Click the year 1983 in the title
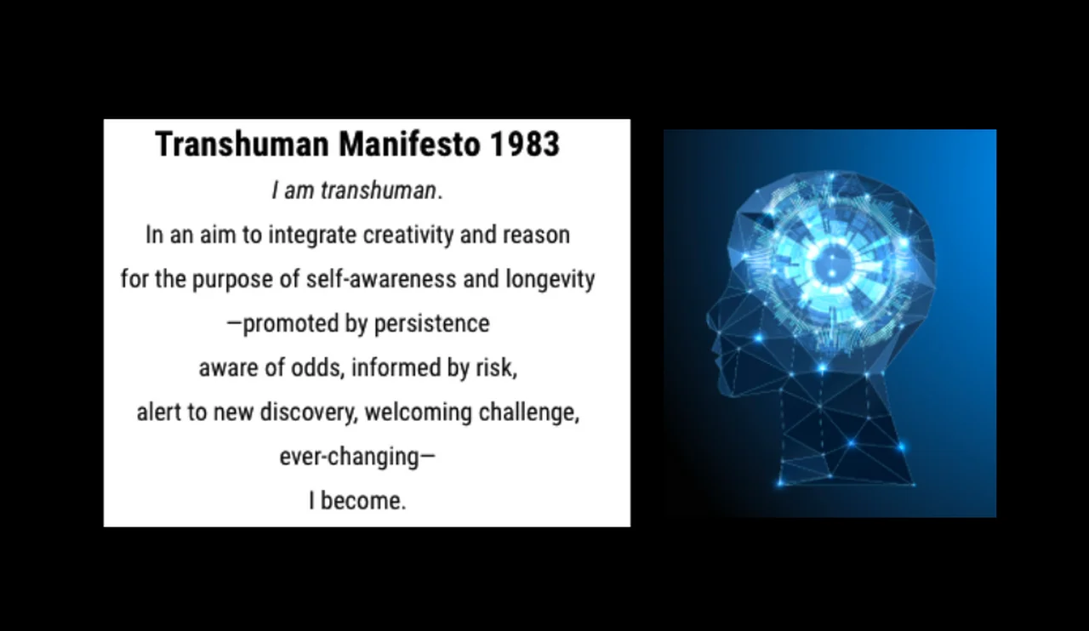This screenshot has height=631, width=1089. pos(525,145)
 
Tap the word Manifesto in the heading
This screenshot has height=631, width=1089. pos(409,145)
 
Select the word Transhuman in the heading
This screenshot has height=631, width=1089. pos(242,145)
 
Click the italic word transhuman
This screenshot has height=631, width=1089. pos(379,190)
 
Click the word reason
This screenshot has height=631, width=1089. pos(536,236)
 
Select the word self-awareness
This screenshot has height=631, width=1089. pos(381,280)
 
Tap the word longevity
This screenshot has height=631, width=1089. pos(550,280)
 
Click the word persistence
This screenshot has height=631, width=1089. pos(431,324)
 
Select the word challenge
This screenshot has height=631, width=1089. pos(529,412)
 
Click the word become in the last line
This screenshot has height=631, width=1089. pos(362,501)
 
